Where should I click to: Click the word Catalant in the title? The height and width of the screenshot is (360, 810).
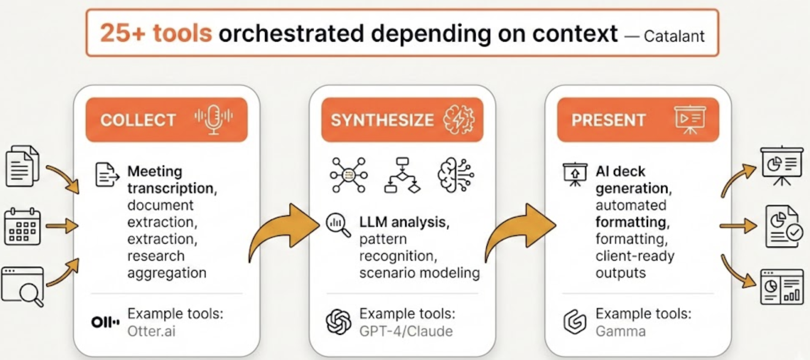pos(674,36)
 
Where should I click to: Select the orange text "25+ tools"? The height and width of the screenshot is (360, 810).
pos(156,33)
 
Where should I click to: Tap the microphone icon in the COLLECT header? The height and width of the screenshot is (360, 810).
pos(214,119)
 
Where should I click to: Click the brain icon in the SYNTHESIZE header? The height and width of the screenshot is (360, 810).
pos(459,120)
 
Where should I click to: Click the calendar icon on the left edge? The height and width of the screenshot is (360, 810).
pos(22,226)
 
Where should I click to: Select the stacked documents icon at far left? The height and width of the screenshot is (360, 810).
pos(22,166)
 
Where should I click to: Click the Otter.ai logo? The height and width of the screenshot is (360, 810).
pos(105,322)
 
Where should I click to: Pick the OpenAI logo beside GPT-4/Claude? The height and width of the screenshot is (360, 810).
pos(338,322)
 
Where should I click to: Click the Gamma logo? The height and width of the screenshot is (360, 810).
pos(575,322)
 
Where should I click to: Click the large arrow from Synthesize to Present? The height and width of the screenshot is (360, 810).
pos(520,231)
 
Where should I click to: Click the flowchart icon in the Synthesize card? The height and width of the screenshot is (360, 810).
pos(402,175)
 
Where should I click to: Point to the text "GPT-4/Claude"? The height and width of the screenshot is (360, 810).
pos(406,331)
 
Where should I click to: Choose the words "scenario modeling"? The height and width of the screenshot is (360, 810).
pos(419,273)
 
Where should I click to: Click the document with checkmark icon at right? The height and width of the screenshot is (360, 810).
pos(783,227)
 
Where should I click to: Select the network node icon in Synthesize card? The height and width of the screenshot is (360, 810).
pos(349,175)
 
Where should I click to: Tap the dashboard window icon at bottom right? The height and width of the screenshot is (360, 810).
pos(782,287)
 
